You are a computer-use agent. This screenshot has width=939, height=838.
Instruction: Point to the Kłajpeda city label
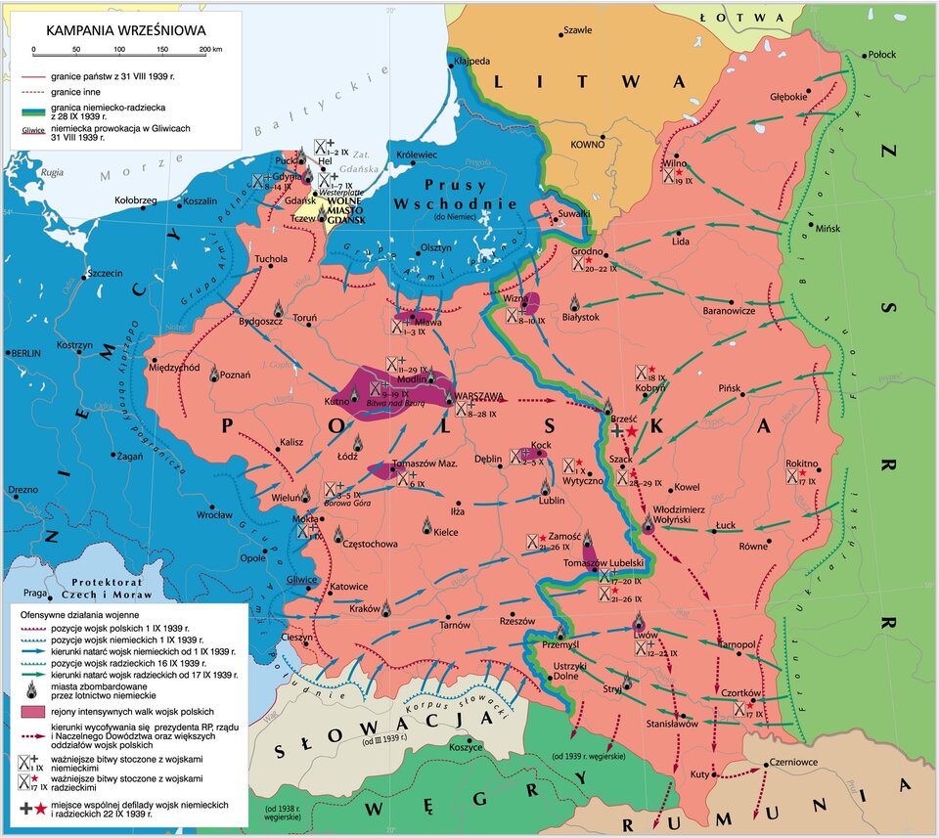tap(469, 62)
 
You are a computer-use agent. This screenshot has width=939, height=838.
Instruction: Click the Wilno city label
tap(675, 163)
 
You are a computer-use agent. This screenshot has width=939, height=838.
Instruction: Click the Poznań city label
tap(236, 375)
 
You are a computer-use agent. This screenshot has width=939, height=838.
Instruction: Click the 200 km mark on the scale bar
tap(204, 49)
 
